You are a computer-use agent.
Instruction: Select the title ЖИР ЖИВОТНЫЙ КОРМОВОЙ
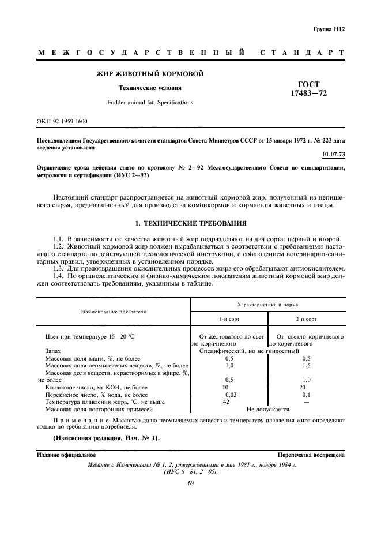149,73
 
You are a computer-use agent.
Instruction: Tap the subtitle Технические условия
150,88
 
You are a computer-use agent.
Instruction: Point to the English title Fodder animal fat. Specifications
150,102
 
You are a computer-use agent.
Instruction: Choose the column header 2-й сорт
306,318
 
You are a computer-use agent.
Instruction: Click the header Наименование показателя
113,311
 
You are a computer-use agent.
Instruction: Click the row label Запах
54,350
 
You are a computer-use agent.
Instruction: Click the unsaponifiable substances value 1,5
306,365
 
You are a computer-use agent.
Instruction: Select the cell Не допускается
267,409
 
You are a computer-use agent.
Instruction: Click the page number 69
190,483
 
